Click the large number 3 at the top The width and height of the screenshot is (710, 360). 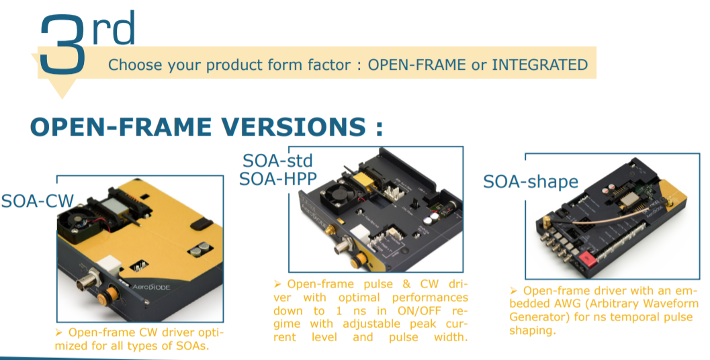tap(62, 44)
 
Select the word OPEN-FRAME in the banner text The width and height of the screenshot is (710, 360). tap(416, 64)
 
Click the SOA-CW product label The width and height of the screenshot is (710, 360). tap(38, 201)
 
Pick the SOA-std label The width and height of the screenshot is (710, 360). tap(277, 161)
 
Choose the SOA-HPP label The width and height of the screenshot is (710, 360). tap(277, 179)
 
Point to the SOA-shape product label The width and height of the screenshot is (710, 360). tap(531, 181)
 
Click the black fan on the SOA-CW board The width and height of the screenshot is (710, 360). tap(74, 224)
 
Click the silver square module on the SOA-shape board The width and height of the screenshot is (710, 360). tap(629, 198)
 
